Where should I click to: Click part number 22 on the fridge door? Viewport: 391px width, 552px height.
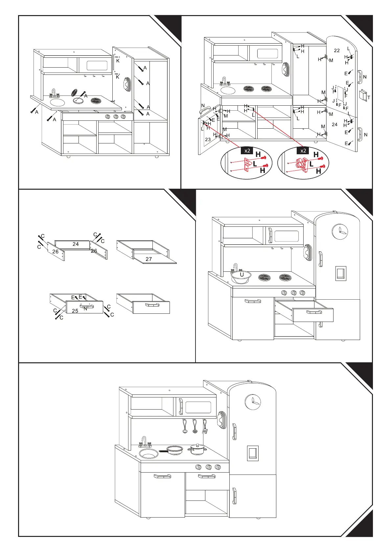coord(337,51)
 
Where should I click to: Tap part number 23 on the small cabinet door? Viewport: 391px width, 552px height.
coord(208,139)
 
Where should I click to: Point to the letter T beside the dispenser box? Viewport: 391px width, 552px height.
coord(369,97)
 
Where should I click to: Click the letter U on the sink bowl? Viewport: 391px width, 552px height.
coord(241,274)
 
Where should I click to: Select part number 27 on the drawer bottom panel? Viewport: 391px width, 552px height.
coord(149,259)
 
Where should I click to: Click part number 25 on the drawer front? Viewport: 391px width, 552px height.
coord(75,311)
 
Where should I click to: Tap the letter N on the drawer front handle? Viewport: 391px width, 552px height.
coord(85,309)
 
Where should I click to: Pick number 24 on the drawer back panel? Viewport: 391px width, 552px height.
coord(76,244)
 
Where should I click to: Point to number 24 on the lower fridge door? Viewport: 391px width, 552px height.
coord(334,124)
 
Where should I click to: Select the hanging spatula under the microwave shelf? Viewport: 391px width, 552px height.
coord(205,427)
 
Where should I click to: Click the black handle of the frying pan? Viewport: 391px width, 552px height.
coord(163,451)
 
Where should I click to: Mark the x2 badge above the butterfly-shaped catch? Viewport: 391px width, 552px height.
coord(303,151)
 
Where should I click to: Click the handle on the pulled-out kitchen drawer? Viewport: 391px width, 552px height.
coord(314,312)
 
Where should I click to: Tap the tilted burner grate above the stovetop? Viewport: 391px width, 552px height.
coord(75,92)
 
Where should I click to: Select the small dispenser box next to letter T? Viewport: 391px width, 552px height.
coord(363,95)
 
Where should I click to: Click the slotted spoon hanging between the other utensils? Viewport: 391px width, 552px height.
coord(195,427)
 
